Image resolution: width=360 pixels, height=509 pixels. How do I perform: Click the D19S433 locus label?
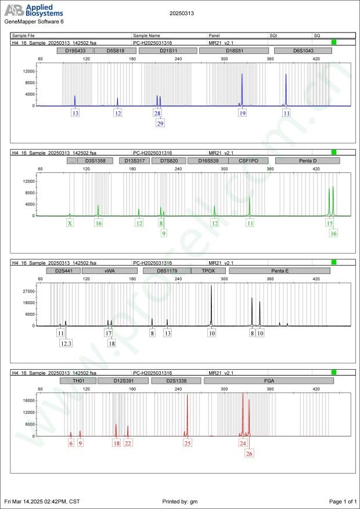click(x=74, y=51)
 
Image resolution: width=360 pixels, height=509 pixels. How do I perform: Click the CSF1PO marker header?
click(x=248, y=161)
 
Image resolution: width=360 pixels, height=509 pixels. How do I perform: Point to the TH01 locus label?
click(x=78, y=381)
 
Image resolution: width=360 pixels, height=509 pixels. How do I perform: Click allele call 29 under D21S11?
click(x=160, y=123)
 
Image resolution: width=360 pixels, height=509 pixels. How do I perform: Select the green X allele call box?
click(x=70, y=223)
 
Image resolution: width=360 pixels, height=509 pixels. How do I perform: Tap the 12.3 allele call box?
click(x=66, y=344)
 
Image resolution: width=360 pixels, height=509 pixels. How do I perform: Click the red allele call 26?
click(x=250, y=453)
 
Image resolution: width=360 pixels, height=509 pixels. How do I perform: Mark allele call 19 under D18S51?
click(x=243, y=113)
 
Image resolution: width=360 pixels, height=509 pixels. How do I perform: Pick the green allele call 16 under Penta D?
click(x=333, y=233)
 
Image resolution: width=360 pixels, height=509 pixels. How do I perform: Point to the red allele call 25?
click(x=188, y=443)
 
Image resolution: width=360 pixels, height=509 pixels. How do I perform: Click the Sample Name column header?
click(x=146, y=35)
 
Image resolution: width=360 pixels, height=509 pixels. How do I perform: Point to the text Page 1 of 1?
click(x=343, y=501)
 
